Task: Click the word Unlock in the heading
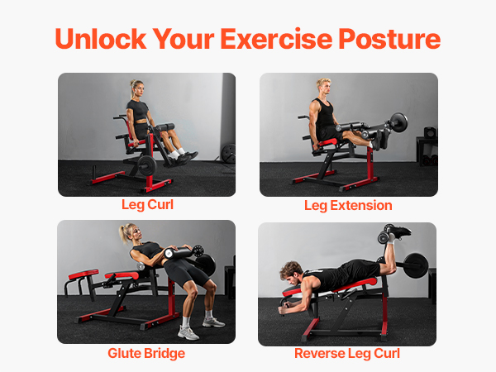click(101, 39)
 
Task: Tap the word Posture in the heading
click(389, 40)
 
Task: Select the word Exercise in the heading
click(276, 39)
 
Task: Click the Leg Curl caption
click(147, 205)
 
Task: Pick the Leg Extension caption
click(348, 206)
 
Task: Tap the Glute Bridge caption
click(146, 353)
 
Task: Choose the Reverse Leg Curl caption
click(347, 353)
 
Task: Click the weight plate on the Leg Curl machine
click(147, 165)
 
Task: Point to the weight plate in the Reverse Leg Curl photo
click(416, 265)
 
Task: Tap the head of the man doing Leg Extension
click(324, 86)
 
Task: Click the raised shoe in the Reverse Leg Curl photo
click(398, 231)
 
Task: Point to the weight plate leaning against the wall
click(229, 154)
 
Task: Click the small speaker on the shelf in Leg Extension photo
click(430, 132)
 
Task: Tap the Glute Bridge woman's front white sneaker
click(188, 333)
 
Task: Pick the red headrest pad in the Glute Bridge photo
click(83, 274)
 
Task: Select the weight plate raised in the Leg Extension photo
click(398, 122)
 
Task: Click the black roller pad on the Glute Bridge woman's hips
click(179, 252)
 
